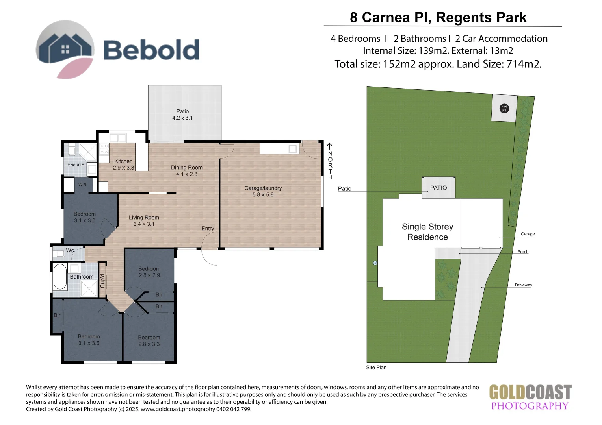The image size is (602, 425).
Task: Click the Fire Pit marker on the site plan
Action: tap(504, 108)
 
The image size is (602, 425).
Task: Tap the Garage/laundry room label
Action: tap(263, 191)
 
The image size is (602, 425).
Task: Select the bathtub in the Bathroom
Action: tap(60, 277)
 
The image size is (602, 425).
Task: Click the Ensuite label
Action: tap(75, 164)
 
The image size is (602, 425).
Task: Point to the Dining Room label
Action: tap(186, 170)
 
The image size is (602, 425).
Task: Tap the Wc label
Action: tap(70, 250)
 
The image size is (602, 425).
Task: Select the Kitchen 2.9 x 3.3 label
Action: tap(123, 164)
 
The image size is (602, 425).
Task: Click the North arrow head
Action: tap(330, 146)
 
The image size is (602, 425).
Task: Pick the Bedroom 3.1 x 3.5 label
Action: tap(89, 340)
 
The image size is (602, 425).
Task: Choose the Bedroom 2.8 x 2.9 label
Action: tap(149, 272)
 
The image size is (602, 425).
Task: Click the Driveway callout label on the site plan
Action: tap(523, 285)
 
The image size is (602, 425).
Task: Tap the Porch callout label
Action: tap(522, 252)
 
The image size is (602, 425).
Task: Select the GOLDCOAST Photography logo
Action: tap(530, 397)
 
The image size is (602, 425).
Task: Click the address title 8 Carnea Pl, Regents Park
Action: tap(438, 17)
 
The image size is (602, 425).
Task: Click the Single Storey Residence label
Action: tap(427, 232)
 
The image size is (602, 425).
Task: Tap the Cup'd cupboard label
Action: tap(102, 281)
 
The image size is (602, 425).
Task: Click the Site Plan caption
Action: tap(376, 367)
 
